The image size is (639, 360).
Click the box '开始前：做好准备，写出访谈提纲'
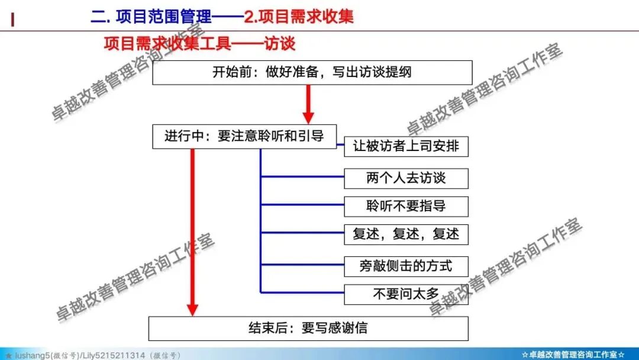point(312,73)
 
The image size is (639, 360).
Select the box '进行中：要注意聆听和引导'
point(244,136)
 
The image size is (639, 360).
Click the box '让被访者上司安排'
point(406,146)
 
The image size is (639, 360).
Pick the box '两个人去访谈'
point(406,178)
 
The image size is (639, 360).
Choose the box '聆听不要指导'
point(406,207)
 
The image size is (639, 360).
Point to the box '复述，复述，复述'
point(406,234)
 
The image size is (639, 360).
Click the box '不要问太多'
point(406,294)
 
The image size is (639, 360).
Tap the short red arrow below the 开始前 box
point(308,104)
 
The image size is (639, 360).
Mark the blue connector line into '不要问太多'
point(302,292)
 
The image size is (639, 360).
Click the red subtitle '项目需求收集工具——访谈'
point(199,44)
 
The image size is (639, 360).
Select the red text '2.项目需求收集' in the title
point(299,16)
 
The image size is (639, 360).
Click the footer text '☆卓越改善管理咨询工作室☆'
point(573,355)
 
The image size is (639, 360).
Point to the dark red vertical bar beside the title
point(12,18)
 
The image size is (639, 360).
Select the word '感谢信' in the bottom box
point(347,328)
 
